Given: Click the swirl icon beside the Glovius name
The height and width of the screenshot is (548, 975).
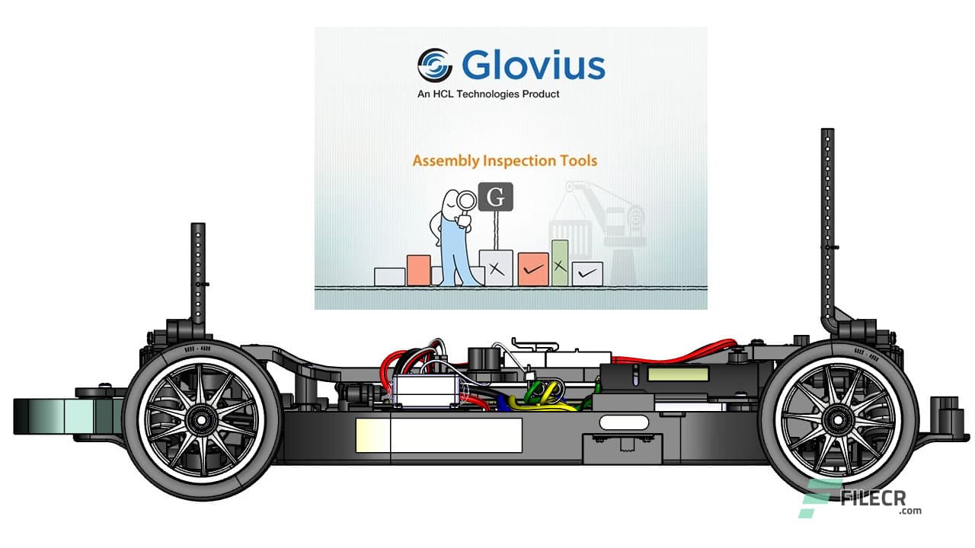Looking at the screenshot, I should [435, 65].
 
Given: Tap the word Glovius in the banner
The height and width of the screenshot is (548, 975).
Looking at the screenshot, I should [532, 65].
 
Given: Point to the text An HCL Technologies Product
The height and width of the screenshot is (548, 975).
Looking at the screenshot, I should [488, 94].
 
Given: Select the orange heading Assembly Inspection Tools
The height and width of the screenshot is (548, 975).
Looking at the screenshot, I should [504, 161].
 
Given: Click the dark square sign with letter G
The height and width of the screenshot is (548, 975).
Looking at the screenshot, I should [495, 196].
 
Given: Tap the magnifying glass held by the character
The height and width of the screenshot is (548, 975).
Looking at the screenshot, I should [465, 201].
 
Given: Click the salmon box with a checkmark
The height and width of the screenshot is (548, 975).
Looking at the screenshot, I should [533, 269].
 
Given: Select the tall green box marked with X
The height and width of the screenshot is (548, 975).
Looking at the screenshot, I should [560, 263].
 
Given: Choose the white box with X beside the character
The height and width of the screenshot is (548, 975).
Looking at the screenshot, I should [496, 268].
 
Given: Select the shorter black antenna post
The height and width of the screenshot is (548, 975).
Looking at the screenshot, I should [198, 274].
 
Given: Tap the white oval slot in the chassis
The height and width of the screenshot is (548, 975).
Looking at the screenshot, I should [621, 422].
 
